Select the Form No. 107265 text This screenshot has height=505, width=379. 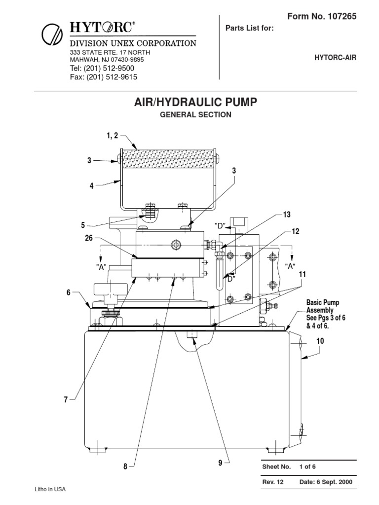coord(321,16)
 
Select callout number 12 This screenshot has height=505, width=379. coord(295,231)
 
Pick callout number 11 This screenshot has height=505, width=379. coord(302,274)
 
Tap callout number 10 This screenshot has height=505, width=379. coord(320,341)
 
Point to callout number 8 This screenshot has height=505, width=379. coord(126,466)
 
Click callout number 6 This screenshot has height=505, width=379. coord(69,292)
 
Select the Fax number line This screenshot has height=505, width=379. coord(103,77)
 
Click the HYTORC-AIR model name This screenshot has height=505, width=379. coord(335,58)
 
